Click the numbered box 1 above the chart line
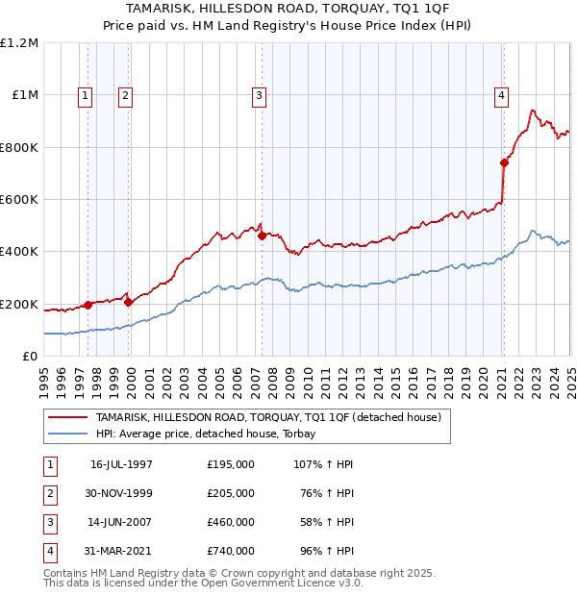(87, 94)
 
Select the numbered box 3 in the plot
(260, 94)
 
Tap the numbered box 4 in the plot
(502, 94)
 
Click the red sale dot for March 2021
(504, 162)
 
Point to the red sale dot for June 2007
(262, 236)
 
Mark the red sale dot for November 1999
(128, 302)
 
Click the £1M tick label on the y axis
(23, 95)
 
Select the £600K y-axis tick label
(19, 200)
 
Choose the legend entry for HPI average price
(212, 434)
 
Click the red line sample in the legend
(67, 417)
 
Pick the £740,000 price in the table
(231, 551)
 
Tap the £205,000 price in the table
(231, 493)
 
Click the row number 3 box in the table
(49, 522)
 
